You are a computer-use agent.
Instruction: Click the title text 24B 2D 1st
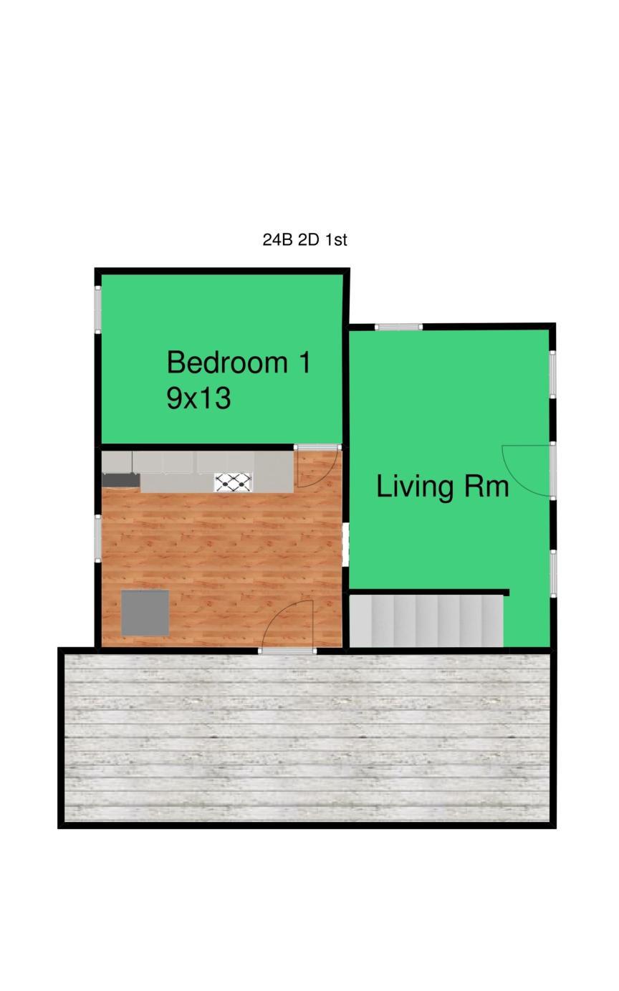point(305,240)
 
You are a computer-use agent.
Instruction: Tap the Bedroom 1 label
point(239,363)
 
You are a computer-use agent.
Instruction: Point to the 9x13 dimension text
point(198,398)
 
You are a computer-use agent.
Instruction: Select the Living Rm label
point(443,487)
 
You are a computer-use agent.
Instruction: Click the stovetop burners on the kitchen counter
point(233,482)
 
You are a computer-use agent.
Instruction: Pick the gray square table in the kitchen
point(145,613)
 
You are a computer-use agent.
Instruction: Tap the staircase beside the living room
point(426,621)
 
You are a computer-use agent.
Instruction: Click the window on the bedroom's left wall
point(98,310)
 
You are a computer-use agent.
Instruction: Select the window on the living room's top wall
point(398,327)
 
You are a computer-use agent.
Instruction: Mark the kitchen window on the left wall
point(98,538)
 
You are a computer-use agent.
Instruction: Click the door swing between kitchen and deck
point(287,626)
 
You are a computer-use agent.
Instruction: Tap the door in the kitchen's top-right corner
point(317,466)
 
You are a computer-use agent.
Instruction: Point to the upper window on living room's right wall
point(552,374)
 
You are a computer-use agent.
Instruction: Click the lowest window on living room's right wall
point(552,573)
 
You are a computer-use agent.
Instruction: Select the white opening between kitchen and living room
point(345,545)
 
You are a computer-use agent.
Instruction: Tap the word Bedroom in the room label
point(227,363)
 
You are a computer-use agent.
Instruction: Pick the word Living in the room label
point(415,487)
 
